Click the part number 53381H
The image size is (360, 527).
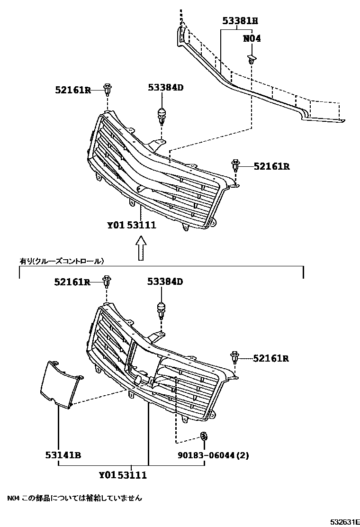[240, 21]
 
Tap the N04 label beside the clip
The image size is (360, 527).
[252, 39]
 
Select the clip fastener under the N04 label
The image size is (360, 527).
[252, 60]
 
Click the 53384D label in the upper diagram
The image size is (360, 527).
[165, 87]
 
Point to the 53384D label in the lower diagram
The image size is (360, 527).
[165, 282]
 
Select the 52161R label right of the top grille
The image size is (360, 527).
[271, 166]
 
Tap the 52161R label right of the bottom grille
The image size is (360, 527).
[271, 358]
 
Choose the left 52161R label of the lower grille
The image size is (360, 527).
[72, 282]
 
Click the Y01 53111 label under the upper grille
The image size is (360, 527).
[131, 225]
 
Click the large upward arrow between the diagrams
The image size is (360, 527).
[141, 248]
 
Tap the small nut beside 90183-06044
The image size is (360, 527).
[204, 436]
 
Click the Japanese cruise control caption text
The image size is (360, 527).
[62, 261]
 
